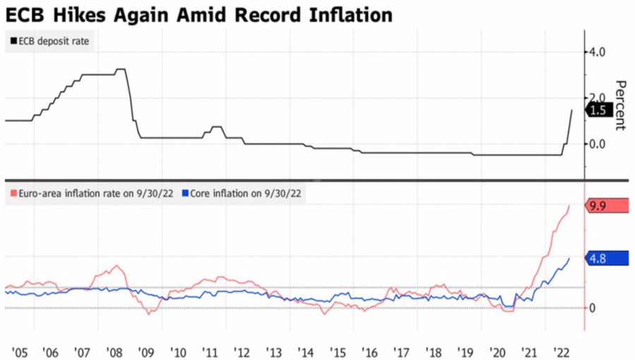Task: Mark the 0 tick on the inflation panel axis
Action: (593, 308)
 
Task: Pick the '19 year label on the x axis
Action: (464, 352)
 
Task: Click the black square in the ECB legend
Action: (13, 41)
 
